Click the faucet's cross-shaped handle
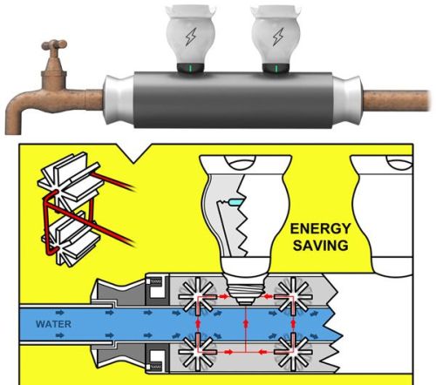pyautogui.click(x=54, y=45)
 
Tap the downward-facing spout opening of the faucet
pyautogui.click(x=13, y=132)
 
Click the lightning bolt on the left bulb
pyautogui.click(x=191, y=37)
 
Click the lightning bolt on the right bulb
pyautogui.click(x=278, y=37)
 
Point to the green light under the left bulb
pyautogui.click(x=190, y=68)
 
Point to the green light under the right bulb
pyautogui.click(x=276, y=69)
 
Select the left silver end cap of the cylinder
pyautogui.click(x=119, y=99)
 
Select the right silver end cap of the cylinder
pyautogui.click(x=348, y=99)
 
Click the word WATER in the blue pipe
pyautogui.click(x=53, y=324)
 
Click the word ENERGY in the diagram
pyautogui.click(x=321, y=228)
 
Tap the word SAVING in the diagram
pyautogui.click(x=321, y=246)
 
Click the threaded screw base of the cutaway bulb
pyautogui.click(x=246, y=290)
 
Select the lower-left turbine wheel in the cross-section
pyautogui.click(x=198, y=352)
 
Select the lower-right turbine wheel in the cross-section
pyautogui.click(x=294, y=352)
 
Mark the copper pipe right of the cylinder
pyautogui.click(x=397, y=100)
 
